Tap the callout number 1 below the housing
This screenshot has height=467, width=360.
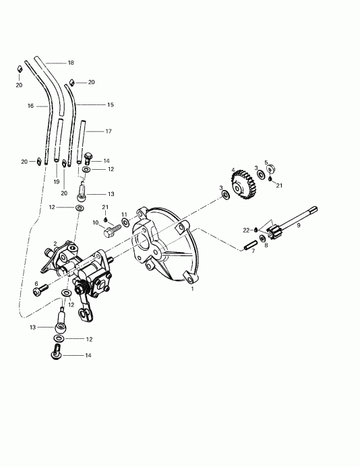(192, 288)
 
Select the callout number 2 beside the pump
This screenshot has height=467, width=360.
(55, 245)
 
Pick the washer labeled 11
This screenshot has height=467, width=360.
(126, 223)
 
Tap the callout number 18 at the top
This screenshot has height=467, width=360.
(71, 63)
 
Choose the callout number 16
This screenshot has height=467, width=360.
(30, 106)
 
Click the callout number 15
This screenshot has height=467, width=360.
(111, 104)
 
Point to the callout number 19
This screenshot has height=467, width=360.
(57, 182)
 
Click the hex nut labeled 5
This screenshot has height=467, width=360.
(268, 170)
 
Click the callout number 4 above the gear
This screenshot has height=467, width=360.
(233, 170)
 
